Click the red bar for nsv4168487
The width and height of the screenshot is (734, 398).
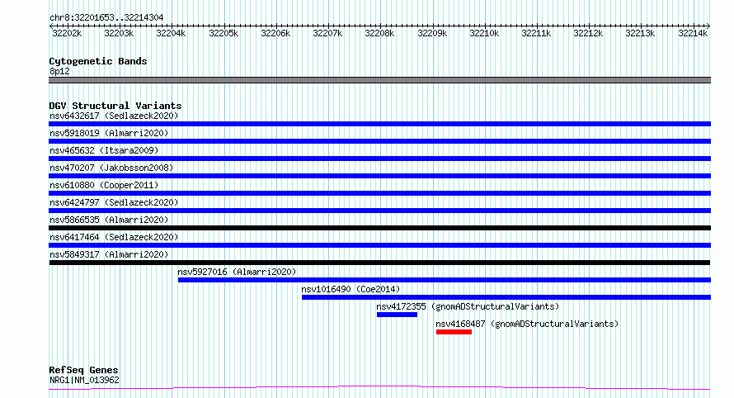tap(454, 332)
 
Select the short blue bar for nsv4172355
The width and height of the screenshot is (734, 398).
tap(397, 315)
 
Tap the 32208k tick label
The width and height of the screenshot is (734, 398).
tap(379, 34)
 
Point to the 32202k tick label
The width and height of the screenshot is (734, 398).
tap(67, 34)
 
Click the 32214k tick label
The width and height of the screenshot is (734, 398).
tap(693, 34)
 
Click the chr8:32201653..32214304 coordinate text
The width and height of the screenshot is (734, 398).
tap(106, 18)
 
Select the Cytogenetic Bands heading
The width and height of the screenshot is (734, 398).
tap(98, 61)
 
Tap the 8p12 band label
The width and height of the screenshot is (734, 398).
tap(59, 71)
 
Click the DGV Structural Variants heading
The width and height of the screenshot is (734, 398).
tap(115, 106)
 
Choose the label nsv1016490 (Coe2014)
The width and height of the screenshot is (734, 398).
tap(351, 289)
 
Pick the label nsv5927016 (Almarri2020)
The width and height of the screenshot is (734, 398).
tap(237, 272)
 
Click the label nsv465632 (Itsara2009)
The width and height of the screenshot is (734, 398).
tap(104, 150)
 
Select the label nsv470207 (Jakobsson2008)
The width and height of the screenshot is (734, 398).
tap(111, 168)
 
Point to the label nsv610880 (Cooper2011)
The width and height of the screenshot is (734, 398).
tap(104, 185)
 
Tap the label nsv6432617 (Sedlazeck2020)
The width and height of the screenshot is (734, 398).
tap(114, 116)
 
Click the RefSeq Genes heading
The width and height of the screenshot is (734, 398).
tap(83, 371)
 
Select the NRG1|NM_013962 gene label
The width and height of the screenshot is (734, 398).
tap(84, 380)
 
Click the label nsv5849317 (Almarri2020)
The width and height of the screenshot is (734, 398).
tap(109, 254)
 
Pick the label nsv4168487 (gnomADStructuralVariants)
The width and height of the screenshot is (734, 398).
tap(527, 324)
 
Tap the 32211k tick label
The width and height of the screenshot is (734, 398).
tap(536, 34)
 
